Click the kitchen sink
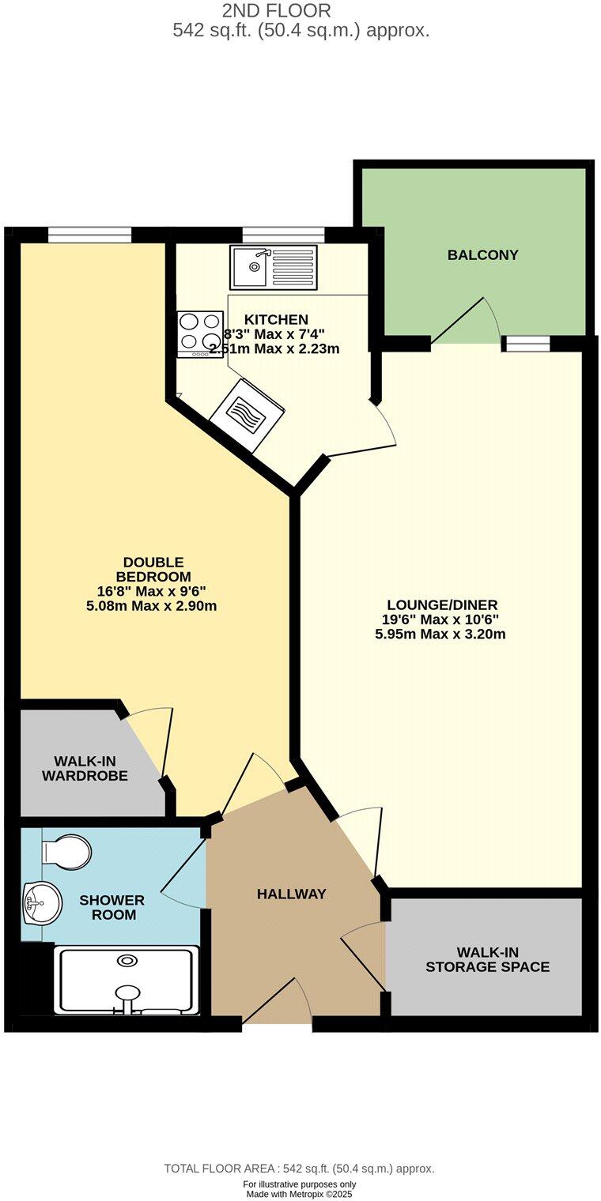pos(273,267)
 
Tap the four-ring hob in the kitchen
pos(200,334)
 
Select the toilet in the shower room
pos(66,852)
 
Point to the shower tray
pos(127,981)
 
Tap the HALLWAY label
pos(291,894)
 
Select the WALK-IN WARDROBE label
pos(85,769)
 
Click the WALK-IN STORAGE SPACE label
pos(487,959)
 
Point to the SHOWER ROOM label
pos(112,908)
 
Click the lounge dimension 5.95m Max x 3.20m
pos(440,634)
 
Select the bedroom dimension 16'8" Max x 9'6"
pos(151,591)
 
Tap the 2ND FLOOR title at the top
pos(276,11)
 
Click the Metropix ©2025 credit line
pos(299,1195)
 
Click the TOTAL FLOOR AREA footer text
pos(299,1169)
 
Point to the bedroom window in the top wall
pos(89,235)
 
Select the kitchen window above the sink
pos(283,235)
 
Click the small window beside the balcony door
pos(527,343)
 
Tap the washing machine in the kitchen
pos(248,415)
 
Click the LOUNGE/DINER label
pos(440,605)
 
